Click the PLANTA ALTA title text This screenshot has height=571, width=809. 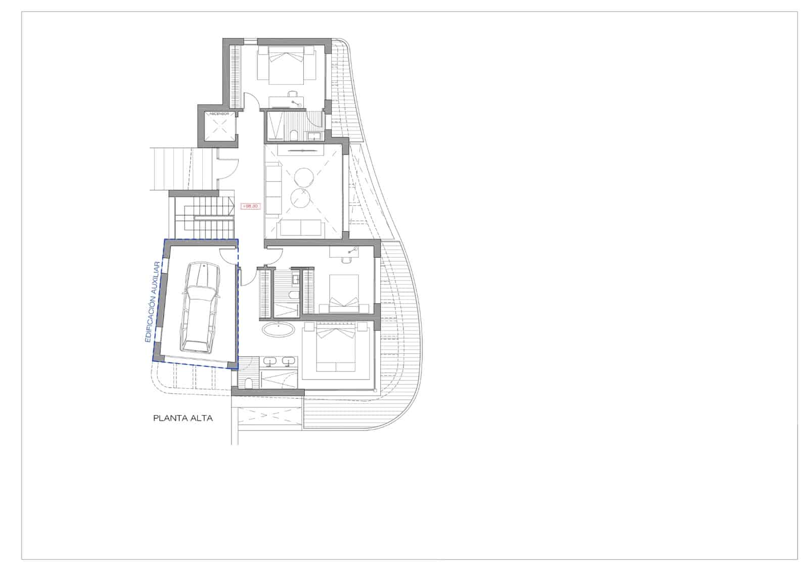183,418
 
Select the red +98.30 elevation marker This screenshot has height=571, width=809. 250,206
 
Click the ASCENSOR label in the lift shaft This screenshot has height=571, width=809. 219,114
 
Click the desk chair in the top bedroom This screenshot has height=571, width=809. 292,94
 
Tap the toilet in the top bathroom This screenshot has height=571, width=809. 294,135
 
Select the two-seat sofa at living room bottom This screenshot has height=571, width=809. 301,228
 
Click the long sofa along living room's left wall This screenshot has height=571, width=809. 273,187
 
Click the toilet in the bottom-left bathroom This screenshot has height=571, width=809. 248,383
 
